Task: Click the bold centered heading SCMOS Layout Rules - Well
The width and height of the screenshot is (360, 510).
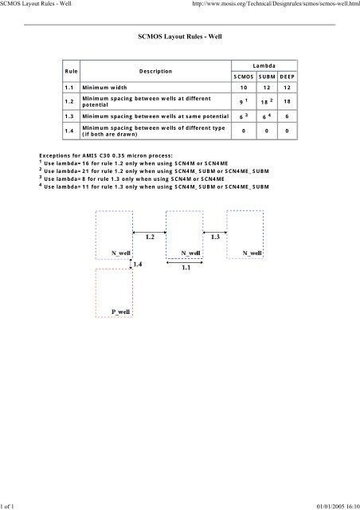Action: (x=179, y=37)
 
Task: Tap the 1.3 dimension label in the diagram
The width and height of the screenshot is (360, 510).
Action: (x=215, y=237)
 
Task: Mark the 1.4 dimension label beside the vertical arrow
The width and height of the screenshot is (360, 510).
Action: (x=139, y=263)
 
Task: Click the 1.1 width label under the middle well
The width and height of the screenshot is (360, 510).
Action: (x=184, y=269)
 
